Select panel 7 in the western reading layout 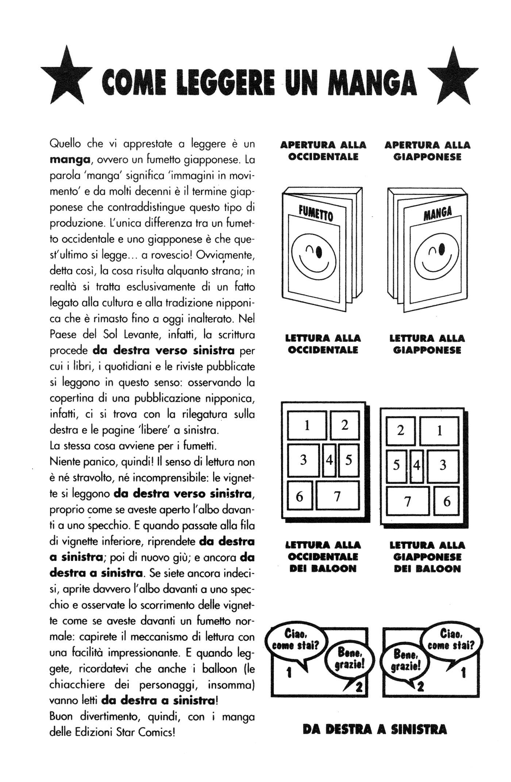pyautogui.click(x=337, y=496)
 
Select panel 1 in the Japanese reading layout pyautogui.click(x=439, y=431)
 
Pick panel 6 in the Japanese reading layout pyautogui.click(x=446, y=501)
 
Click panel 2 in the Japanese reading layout pyautogui.click(x=400, y=431)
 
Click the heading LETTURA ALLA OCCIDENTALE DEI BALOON pyautogui.click(x=323, y=557)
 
